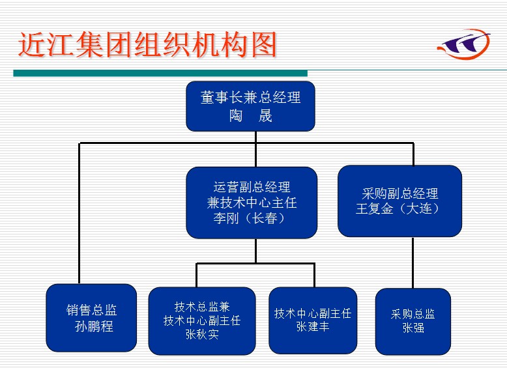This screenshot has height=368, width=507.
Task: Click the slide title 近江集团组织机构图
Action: tap(147, 45)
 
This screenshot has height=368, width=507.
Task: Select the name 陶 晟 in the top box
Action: tap(251, 117)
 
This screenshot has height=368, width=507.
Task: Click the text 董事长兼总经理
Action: tap(251, 98)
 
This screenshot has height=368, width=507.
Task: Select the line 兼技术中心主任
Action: tap(252, 203)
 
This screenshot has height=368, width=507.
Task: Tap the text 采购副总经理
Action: tap(399, 193)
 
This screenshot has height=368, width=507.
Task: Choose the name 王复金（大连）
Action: tap(399, 209)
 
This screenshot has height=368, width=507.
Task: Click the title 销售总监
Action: tap(92, 311)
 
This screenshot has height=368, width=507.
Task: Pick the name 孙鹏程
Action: tap(94, 326)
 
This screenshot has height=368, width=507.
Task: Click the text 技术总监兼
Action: tap(202, 307)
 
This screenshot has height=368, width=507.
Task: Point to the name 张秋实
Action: tap(202, 335)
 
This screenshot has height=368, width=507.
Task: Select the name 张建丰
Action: tap(313, 327)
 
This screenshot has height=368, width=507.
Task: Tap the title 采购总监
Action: tap(413, 314)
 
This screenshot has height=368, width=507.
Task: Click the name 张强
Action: tap(413, 328)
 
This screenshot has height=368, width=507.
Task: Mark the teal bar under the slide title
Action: tap(160, 73)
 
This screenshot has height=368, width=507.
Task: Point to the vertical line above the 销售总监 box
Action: tap(80, 215)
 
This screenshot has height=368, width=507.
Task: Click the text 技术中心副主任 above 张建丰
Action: tap(313, 313)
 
